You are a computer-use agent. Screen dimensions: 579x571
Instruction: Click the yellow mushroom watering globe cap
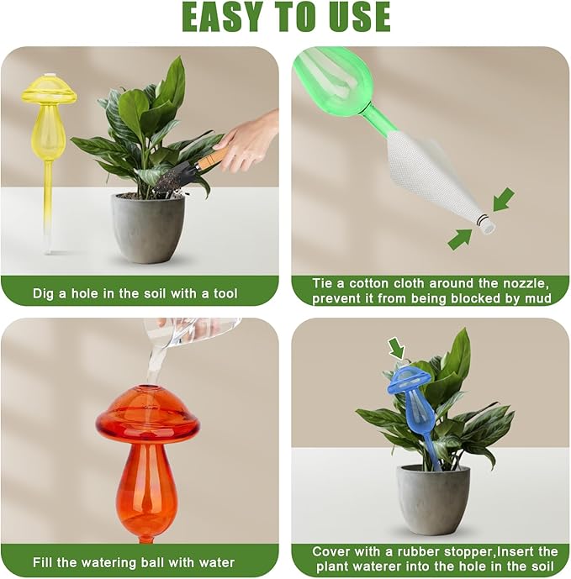[x=49, y=89]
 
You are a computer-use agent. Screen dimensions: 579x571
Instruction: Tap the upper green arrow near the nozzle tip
[x=503, y=200]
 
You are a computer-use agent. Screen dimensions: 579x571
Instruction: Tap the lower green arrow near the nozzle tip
[x=460, y=239]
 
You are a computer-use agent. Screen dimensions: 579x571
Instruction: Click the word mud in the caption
[x=537, y=298]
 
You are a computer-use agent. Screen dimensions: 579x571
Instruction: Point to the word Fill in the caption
[x=47, y=562]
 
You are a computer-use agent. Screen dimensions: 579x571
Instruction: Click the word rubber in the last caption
[x=411, y=551]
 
